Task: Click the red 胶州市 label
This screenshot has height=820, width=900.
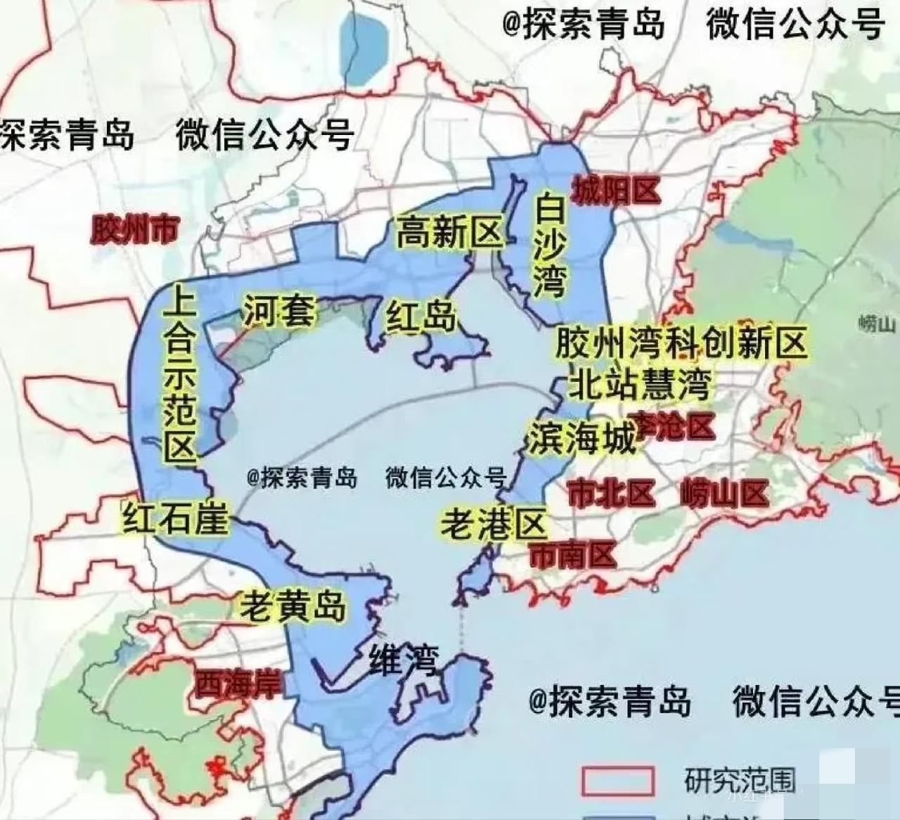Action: (x=135, y=229)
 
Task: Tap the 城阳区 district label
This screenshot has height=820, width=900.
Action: (x=616, y=191)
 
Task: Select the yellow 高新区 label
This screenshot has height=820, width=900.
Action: (x=450, y=233)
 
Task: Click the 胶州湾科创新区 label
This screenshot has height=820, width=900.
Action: (x=680, y=344)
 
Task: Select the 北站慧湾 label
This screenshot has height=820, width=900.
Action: (x=639, y=384)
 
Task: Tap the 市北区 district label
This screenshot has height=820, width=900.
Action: (x=611, y=494)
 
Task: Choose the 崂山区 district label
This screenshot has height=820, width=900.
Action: (x=724, y=494)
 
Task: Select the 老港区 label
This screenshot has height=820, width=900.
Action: (x=494, y=524)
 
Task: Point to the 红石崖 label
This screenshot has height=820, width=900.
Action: (x=176, y=519)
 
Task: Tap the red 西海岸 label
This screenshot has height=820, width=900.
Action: (x=238, y=683)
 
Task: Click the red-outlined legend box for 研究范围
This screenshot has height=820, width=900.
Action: (x=617, y=780)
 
